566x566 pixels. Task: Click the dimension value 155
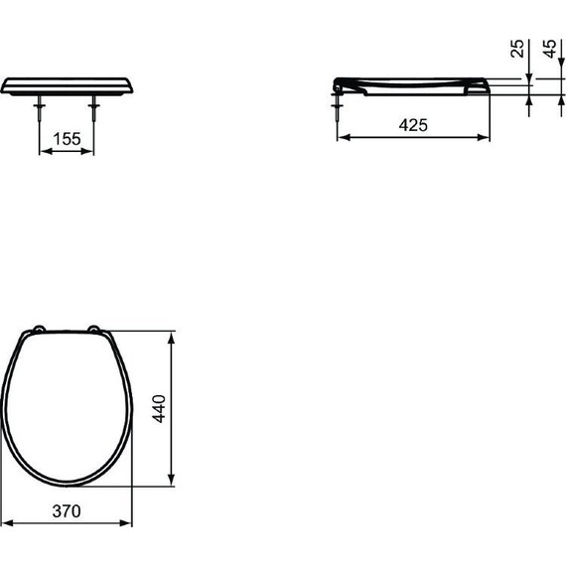point(67,139)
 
